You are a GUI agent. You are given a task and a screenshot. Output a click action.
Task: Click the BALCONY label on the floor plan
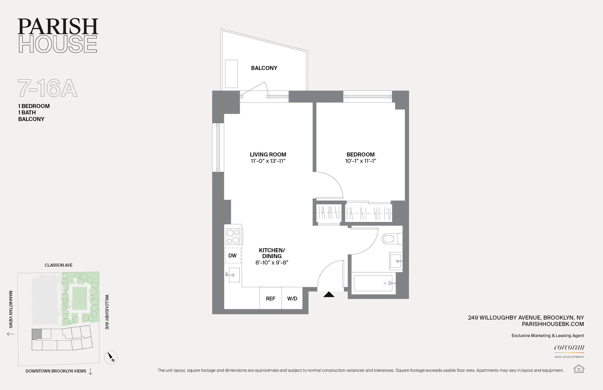coord(264,68)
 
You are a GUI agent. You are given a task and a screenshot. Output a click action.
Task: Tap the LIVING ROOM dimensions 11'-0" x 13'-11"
coord(268,161)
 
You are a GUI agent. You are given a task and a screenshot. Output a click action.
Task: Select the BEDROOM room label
coord(360,155)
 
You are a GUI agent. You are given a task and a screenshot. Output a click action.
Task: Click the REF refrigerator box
coord(270,298)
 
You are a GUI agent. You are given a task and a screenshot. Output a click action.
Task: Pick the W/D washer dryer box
coord(292,298)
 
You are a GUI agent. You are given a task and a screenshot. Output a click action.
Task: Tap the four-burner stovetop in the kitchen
coord(233,236)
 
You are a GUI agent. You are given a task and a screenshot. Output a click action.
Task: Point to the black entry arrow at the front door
coord(329,294)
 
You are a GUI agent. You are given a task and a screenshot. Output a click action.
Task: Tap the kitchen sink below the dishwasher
coord(233,275)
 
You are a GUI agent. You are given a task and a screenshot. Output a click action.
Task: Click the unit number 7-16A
coord(47,88)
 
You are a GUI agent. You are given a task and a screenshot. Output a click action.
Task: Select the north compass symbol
coord(111,357)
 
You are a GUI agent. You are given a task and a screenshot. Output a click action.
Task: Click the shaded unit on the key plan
coord(36,334)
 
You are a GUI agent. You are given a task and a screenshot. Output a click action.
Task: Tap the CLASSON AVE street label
coord(59,265)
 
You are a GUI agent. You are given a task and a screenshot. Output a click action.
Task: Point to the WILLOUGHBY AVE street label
coord(107,312)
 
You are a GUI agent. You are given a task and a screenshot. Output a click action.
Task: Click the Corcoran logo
coord(569,348)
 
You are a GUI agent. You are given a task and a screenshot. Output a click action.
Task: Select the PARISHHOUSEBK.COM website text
coord(553,324)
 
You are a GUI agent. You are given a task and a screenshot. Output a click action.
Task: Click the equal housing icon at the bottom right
coord(579,369)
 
